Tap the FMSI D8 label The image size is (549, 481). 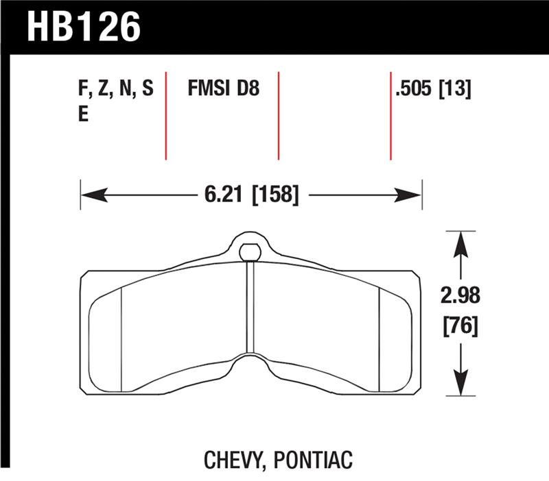(x=223, y=89)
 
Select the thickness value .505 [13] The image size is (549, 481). (x=432, y=89)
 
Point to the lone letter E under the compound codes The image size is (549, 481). (x=84, y=114)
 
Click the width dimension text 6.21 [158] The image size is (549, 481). (x=251, y=195)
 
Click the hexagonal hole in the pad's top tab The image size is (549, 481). (x=251, y=251)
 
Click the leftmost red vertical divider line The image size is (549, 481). (x=166, y=114)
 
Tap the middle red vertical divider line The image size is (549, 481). (x=279, y=114)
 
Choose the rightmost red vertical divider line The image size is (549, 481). (x=390, y=114)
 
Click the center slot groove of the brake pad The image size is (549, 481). (x=250, y=308)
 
